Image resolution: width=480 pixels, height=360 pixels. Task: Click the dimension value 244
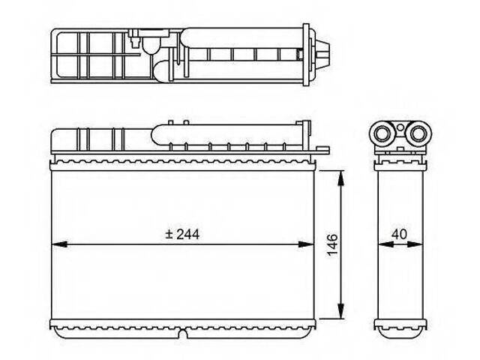pyautogui.click(x=188, y=235)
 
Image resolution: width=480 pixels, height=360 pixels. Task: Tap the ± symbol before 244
pyautogui.click(x=169, y=235)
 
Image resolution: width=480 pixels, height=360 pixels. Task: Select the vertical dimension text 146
pyautogui.click(x=332, y=245)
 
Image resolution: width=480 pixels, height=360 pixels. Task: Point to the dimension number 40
pyautogui.click(x=400, y=235)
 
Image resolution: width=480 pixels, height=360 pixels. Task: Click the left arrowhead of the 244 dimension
pyautogui.click(x=59, y=244)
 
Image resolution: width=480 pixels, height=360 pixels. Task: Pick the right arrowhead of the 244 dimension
pyautogui.click(x=306, y=244)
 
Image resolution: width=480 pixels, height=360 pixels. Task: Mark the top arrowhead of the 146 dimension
pyautogui.click(x=340, y=178)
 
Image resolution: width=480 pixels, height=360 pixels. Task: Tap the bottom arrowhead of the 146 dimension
pyautogui.click(x=340, y=311)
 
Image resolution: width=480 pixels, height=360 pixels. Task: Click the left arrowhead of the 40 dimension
pyautogui.click(x=385, y=244)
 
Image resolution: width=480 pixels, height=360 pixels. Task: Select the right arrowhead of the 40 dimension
pyautogui.click(x=415, y=244)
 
